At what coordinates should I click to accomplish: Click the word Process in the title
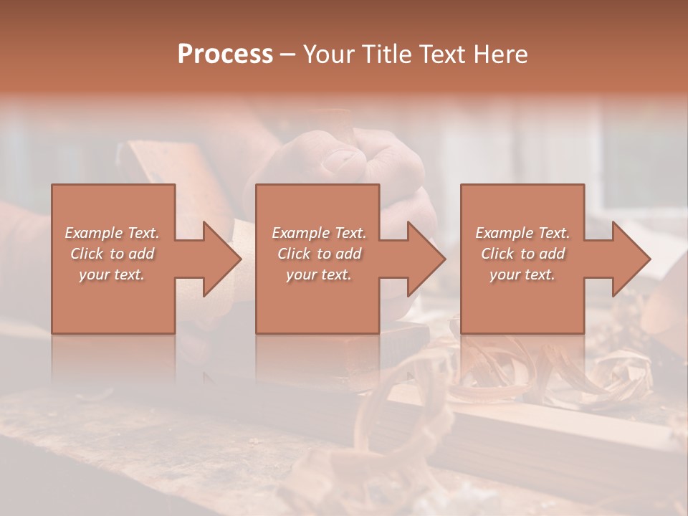[x=225, y=54]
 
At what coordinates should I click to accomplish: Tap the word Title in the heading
[x=387, y=54]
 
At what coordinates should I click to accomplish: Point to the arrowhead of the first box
[x=219, y=259]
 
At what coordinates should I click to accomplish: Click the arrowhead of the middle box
[x=424, y=259]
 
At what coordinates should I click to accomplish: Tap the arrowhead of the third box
[x=629, y=259]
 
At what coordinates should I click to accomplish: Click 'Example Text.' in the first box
[x=113, y=233]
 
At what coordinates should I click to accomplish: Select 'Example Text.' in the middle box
[x=319, y=233]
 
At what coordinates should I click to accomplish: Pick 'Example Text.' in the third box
[x=522, y=233]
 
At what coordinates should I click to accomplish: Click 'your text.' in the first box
[x=113, y=274]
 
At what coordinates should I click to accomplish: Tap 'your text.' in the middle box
[x=319, y=274]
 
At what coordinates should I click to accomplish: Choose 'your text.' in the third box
[x=522, y=274]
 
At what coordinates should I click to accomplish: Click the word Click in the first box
[x=87, y=254]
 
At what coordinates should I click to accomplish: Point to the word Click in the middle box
[x=294, y=254]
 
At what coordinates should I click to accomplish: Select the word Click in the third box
[x=497, y=254]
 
